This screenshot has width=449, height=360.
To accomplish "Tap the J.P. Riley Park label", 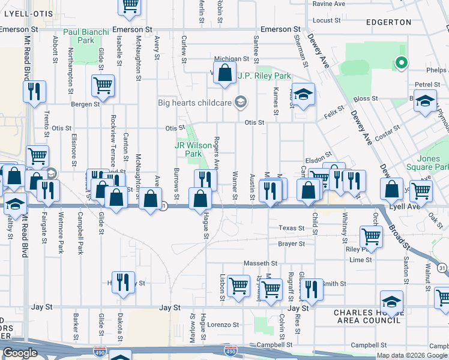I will click(264, 76).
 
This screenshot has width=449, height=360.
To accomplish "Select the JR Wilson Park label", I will click(188, 149).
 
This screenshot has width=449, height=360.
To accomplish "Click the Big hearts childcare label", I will click(195, 103).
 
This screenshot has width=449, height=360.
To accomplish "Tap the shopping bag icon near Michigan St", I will click(225, 74).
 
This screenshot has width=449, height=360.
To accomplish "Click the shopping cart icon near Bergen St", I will click(103, 85).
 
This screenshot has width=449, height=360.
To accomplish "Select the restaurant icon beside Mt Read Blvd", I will click(34, 92).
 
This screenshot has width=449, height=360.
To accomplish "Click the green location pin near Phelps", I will click(400, 62).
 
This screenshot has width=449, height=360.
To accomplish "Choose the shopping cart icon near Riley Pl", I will click(371, 236).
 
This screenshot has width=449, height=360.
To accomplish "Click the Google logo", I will click(20, 353).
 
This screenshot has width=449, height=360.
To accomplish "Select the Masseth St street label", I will click(260, 263).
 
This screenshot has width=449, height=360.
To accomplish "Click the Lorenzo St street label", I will click(224, 325).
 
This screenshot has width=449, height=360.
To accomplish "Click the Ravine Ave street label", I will click(329, 4).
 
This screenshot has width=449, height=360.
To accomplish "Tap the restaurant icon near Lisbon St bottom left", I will click(124, 281).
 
